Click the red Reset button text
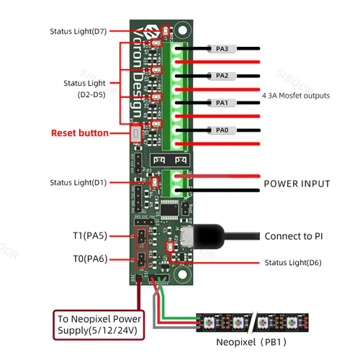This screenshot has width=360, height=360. coord(79,133)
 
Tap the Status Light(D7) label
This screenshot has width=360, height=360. coord(78,32)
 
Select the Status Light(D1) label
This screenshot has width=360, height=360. coord(78,183)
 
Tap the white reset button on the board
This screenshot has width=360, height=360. coord(137,133)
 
